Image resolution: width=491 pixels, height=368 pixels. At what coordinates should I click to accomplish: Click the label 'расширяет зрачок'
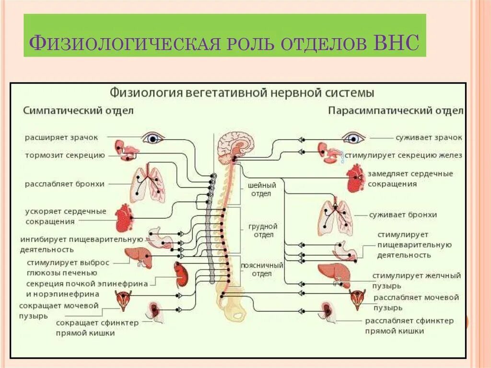(x=61, y=137)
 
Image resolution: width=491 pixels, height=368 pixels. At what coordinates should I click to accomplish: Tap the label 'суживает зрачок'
(x=429, y=137)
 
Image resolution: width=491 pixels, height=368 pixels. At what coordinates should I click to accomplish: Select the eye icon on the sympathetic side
(x=153, y=138)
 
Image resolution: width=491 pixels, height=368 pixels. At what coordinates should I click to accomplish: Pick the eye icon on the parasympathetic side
(x=354, y=138)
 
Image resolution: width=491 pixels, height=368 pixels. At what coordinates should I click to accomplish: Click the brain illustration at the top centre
(x=235, y=147)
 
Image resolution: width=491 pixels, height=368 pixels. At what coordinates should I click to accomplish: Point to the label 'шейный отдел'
(x=262, y=190)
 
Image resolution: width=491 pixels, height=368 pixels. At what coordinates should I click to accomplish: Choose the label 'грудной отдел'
(x=263, y=230)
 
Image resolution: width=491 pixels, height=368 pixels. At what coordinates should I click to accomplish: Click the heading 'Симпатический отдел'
(x=79, y=110)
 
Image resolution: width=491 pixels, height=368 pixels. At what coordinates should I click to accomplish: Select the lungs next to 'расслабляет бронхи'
(x=148, y=184)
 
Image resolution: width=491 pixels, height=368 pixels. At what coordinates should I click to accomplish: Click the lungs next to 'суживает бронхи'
(x=337, y=215)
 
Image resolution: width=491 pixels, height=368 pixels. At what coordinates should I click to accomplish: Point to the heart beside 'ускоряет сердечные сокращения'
(x=124, y=218)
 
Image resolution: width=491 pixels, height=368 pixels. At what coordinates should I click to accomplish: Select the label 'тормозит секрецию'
(x=65, y=155)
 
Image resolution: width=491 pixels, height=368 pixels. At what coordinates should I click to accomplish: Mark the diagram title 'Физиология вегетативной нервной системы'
(x=242, y=92)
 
